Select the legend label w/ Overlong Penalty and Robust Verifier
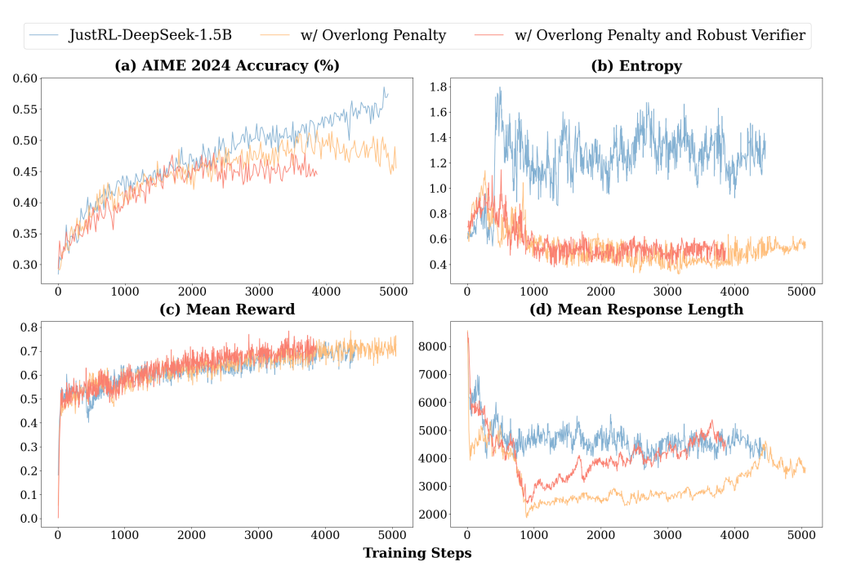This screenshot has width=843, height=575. tap(659, 35)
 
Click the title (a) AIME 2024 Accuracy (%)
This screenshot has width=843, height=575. tap(227, 65)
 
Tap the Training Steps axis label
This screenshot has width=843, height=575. tap(417, 553)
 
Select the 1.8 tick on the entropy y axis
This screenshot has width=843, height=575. tap(439, 87)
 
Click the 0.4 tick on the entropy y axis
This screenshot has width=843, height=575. tap(439, 265)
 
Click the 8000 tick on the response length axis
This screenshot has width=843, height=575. tap(432, 346)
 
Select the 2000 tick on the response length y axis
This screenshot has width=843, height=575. tap(432, 514)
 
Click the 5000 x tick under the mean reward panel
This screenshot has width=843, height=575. tap(393, 535)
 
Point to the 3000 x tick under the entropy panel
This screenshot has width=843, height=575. tap(667, 292)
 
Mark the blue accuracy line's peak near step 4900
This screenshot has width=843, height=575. tap(383, 87)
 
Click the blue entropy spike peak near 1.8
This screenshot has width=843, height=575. tap(500, 87)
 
